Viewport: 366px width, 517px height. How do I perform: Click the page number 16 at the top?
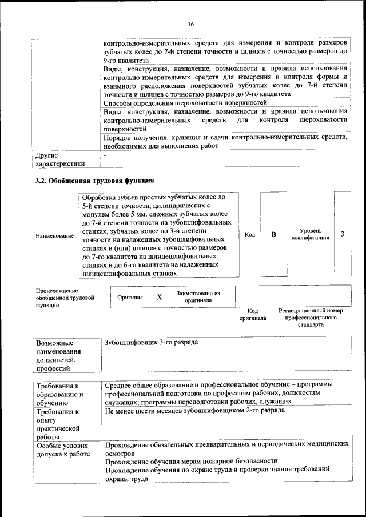(x=190, y=24)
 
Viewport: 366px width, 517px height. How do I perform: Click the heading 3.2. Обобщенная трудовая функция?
(x=94, y=181)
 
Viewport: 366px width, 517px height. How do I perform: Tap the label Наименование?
(x=54, y=235)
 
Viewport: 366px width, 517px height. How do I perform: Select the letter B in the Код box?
(x=273, y=235)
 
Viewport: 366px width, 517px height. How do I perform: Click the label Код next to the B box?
(x=250, y=235)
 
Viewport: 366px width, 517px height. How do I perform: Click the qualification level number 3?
(x=343, y=235)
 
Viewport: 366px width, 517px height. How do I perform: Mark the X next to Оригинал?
(x=160, y=297)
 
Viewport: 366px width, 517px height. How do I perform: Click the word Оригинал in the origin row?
(x=130, y=298)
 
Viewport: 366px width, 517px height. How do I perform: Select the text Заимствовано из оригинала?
(x=198, y=296)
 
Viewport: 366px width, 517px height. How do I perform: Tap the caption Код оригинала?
(x=253, y=314)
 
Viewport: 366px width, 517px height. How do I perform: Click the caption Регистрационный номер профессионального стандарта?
(x=311, y=318)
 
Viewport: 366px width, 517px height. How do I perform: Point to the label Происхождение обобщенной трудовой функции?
(x=65, y=298)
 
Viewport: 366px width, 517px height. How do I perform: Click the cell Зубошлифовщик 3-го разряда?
(x=152, y=342)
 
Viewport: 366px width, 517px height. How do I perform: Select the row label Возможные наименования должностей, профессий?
(x=58, y=356)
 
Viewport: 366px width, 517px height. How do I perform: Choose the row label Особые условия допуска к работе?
(x=63, y=448)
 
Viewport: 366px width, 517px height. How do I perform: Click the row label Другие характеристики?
(x=60, y=159)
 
